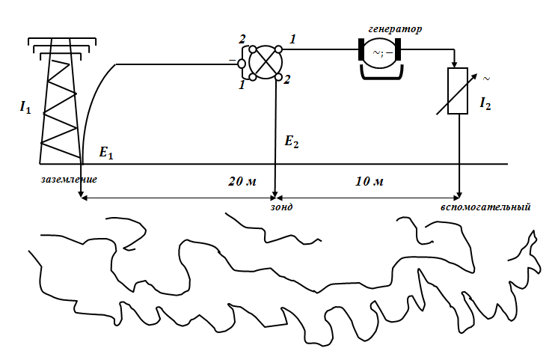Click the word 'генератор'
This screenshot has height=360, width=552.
click(394, 29)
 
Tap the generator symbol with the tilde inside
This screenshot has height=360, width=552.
click(381, 52)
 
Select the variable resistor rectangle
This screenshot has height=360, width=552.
click(458, 91)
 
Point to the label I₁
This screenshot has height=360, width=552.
click(25, 108)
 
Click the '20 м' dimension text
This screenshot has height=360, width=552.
click(242, 182)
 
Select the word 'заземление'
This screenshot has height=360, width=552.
click(69, 180)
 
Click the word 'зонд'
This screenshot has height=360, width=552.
click(281, 207)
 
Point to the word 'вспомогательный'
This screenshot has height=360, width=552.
click(485, 207)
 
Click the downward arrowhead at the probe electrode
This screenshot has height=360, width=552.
click(276, 195)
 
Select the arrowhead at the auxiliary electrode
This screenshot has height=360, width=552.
click(459, 195)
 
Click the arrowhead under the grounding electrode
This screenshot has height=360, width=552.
click(81, 195)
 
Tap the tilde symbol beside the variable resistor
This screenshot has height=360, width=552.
click(486, 77)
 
